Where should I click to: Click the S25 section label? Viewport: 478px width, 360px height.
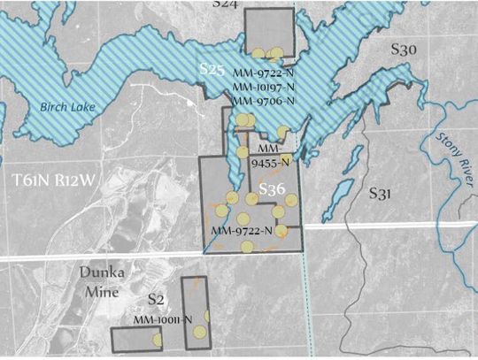click(210, 69)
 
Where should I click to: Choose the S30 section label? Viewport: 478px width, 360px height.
click(404, 51)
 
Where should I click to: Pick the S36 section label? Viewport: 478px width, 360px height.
click(272, 190)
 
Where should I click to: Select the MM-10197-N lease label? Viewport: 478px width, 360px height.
click(263, 88)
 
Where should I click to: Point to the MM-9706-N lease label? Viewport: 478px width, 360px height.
click(263, 102)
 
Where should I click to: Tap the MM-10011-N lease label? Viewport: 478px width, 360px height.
click(162, 319)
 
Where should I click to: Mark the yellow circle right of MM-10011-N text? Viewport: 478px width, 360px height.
click(206, 316)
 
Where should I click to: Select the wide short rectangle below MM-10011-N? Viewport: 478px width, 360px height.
click(136, 339)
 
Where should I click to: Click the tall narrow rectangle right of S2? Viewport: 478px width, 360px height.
click(195, 310)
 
